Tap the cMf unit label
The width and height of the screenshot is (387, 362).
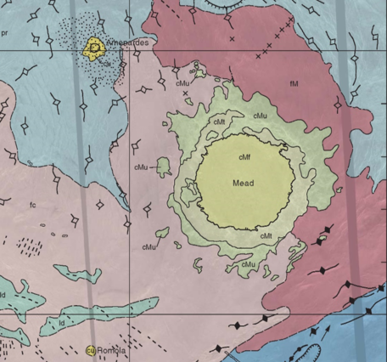click(x=244, y=157)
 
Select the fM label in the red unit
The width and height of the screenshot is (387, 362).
click(x=294, y=83)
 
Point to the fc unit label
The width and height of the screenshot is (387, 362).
click(x=32, y=205)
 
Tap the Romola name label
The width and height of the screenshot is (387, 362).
click(x=112, y=350)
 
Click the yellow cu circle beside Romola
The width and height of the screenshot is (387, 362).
click(x=90, y=350)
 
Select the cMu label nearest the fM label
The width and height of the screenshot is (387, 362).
click(x=260, y=115)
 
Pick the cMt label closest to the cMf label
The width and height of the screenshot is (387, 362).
click(x=219, y=122)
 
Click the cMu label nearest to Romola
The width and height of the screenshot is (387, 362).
click(x=149, y=247)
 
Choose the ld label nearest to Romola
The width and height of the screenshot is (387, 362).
click(x=62, y=323)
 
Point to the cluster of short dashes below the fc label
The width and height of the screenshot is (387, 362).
click(x=31, y=246)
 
